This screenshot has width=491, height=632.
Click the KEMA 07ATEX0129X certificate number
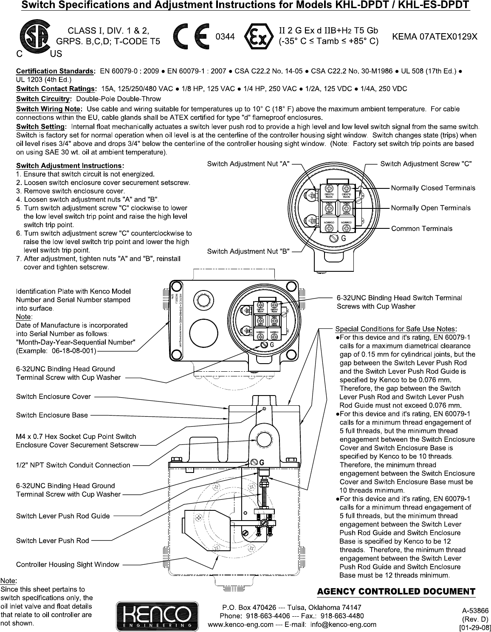pyautogui.click(x=435, y=37)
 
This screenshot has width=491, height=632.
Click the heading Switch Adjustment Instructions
pyautogui.click(x=69, y=165)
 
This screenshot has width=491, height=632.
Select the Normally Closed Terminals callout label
pyautogui.click(x=433, y=188)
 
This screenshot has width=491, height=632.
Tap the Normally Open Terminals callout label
pyautogui.click(x=431, y=208)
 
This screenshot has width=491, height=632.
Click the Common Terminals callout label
pyautogui.click(x=422, y=228)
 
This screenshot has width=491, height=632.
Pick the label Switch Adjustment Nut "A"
pyautogui.click(x=248, y=164)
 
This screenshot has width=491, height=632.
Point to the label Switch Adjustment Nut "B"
pyautogui.click(x=248, y=251)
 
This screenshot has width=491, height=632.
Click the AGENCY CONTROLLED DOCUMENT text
pyautogui.click(x=396, y=591)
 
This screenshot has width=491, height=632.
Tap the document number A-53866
pyautogui.click(x=474, y=609)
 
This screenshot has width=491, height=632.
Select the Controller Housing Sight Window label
pyautogui.click(x=68, y=564)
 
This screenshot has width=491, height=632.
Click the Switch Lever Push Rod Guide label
pyautogui.click(x=63, y=516)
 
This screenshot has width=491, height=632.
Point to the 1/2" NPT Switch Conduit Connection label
pyautogui.click(x=73, y=465)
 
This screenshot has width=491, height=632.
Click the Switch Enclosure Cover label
pyautogui.click(x=54, y=396)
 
